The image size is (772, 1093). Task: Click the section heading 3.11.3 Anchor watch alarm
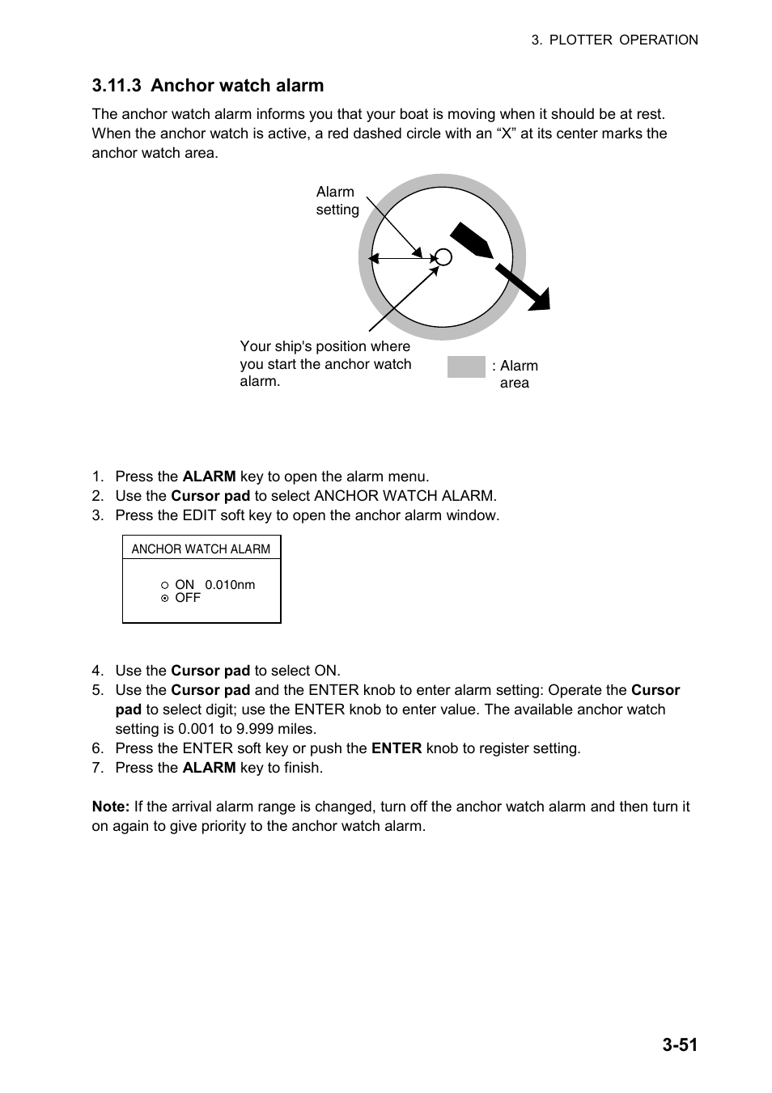pos(208,86)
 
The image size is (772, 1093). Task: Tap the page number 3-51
pos(679,1044)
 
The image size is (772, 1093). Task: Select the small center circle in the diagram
pos(443,257)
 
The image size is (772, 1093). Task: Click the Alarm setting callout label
pos(337,201)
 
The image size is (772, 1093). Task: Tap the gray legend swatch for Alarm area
pos(466,367)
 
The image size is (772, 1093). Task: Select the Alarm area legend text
pos(515,374)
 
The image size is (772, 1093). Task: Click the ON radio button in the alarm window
pos(164,585)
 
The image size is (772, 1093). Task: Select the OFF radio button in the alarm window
pos(164,599)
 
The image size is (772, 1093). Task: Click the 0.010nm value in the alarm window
pos(230,585)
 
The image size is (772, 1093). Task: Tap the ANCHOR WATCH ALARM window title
pos(201,549)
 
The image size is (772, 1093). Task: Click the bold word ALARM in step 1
pos(209,477)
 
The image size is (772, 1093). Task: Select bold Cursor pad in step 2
pos(210,496)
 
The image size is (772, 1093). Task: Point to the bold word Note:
pos(111,807)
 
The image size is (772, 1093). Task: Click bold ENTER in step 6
pos(396,748)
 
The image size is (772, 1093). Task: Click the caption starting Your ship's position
pos(325,364)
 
